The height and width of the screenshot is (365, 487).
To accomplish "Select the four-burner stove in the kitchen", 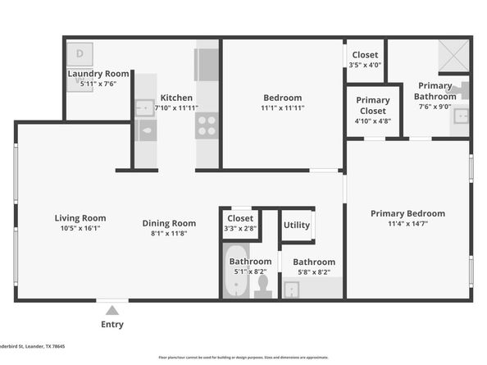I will pyautogui.click(x=206, y=125).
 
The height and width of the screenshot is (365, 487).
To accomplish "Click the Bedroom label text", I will pyautogui.click(x=283, y=96).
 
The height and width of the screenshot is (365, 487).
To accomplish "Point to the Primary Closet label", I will pyautogui.click(x=373, y=105).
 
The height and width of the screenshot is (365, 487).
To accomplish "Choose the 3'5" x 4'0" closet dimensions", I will pyautogui.click(x=364, y=64).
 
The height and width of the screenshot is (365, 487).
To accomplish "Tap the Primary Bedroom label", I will pyautogui.click(x=407, y=213).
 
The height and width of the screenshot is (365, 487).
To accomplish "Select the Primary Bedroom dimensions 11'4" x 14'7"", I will pyautogui.click(x=407, y=223).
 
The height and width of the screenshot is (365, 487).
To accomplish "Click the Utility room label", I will pyautogui.click(x=296, y=225).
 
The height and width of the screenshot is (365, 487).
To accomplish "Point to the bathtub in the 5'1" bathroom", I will pyautogui.click(x=236, y=279).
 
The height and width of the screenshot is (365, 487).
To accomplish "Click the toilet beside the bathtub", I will pyautogui.click(x=263, y=285).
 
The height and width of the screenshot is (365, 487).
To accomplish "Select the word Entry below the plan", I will pyautogui.click(x=112, y=325).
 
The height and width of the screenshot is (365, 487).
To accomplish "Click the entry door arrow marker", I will pyautogui.click(x=112, y=309).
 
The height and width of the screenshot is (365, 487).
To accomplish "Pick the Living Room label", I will pyautogui.click(x=80, y=218).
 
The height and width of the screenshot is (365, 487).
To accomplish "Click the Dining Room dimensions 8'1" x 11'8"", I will pyautogui.click(x=169, y=233).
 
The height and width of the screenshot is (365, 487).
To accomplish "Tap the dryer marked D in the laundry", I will pyautogui.click(x=80, y=53).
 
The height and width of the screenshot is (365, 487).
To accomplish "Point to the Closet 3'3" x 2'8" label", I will pyautogui.click(x=240, y=219).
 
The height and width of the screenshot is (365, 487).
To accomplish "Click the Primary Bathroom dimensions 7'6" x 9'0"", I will pyautogui.click(x=435, y=105).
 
